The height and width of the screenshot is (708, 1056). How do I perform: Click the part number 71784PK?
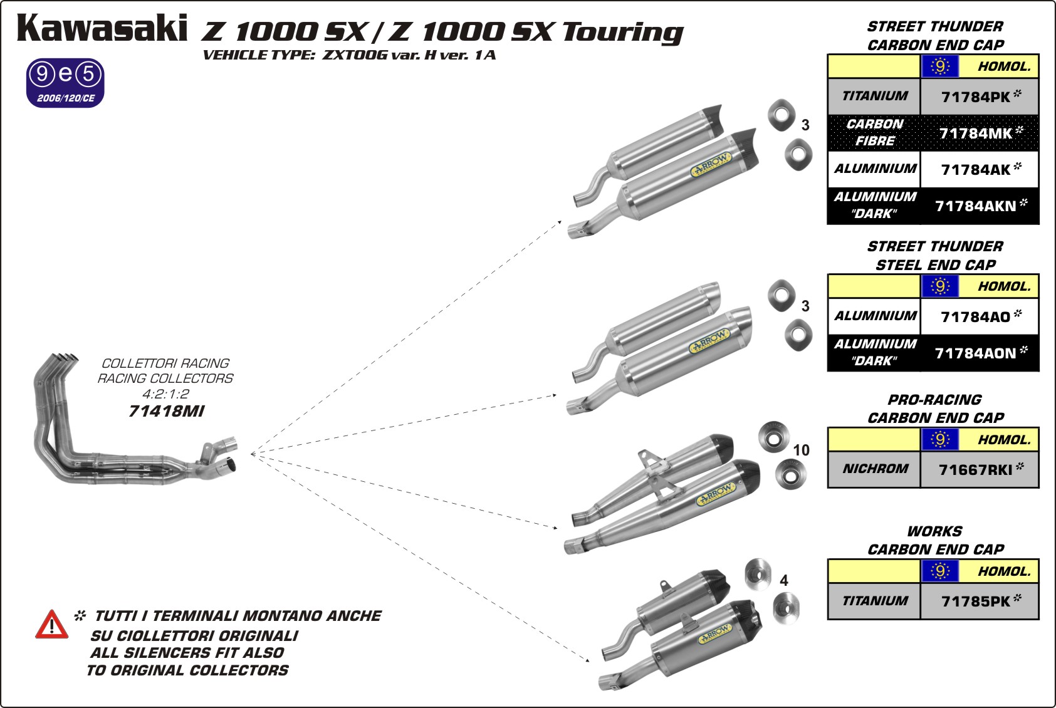pyautogui.click(x=976, y=97)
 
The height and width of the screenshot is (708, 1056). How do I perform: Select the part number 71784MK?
pyautogui.click(x=976, y=133)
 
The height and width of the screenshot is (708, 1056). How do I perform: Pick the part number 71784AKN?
pyautogui.click(x=976, y=206)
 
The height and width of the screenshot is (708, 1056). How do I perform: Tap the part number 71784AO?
pyautogui.click(x=976, y=317)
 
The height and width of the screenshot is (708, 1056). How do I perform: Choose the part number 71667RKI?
pyautogui.click(x=976, y=470)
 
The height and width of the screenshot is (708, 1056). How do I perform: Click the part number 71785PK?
pyautogui.click(x=976, y=601)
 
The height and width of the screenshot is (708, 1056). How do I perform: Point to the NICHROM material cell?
pyautogui.click(x=875, y=469)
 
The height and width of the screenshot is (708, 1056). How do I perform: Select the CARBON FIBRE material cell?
pyautogui.click(x=875, y=133)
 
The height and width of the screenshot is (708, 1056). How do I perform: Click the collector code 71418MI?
pyautogui.click(x=166, y=412)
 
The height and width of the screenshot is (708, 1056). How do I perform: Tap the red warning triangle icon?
pyautogui.click(x=51, y=625)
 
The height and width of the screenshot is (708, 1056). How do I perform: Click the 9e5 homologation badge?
pyautogui.click(x=65, y=83)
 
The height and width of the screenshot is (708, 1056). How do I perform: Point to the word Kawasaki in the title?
pyautogui.click(x=102, y=29)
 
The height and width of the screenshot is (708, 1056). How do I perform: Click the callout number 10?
pyautogui.click(x=801, y=450)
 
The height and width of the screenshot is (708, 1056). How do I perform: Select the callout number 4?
pyautogui.click(x=784, y=581)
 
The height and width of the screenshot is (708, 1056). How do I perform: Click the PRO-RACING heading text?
pyautogui.click(x=934, y=400)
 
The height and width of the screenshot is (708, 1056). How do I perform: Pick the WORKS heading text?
pyautogui.click(x=934, y=531)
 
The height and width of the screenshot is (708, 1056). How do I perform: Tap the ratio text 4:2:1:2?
pyautogui.click(x=165, y=394)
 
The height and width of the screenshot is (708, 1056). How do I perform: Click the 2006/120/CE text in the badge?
pyautogui.click(x=66, y=98)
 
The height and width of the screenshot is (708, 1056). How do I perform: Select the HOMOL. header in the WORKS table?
pyautogui.click(x=1005, y=571)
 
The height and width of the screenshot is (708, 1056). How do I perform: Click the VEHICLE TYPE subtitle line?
pyautogui.click(x=349, y=55)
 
